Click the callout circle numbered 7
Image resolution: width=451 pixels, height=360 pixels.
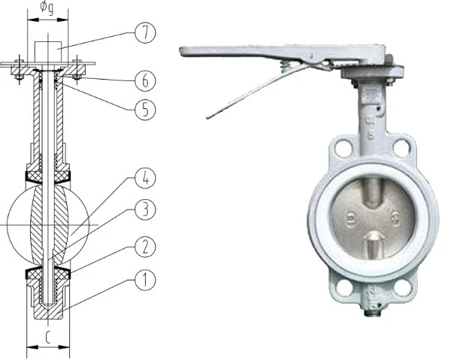(145, 33)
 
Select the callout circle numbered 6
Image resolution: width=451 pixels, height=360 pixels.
(145, 81)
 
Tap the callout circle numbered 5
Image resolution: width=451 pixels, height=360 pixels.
(145, 110)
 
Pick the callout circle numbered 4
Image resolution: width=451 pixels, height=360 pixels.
(145, 178)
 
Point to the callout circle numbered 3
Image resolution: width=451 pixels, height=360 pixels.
(145, 210)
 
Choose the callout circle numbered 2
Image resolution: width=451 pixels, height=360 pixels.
(145, 247)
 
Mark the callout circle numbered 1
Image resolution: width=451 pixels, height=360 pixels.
(145, 280)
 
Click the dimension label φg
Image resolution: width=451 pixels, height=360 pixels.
(47, 8)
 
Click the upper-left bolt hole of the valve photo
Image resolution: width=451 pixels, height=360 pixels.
(344, 147)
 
